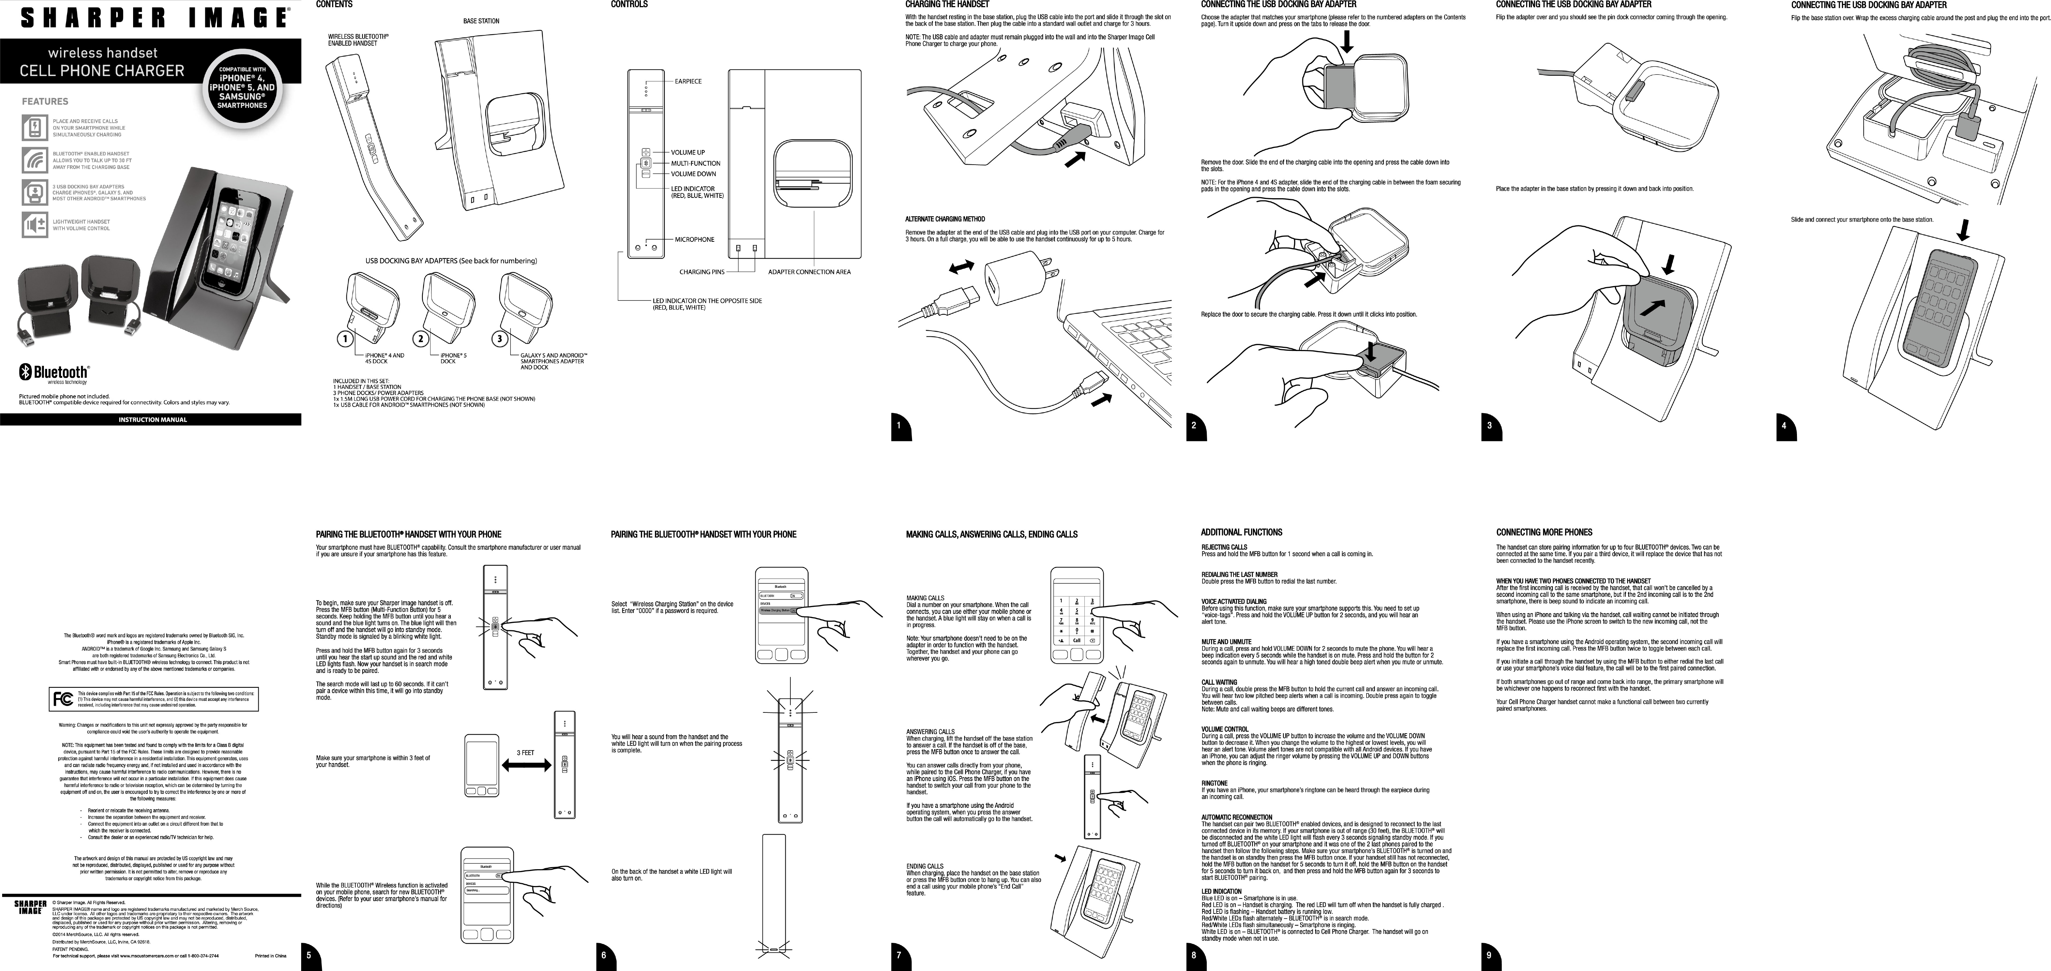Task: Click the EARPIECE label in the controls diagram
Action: click(688, 81)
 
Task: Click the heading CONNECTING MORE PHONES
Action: click(1544, 532)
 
